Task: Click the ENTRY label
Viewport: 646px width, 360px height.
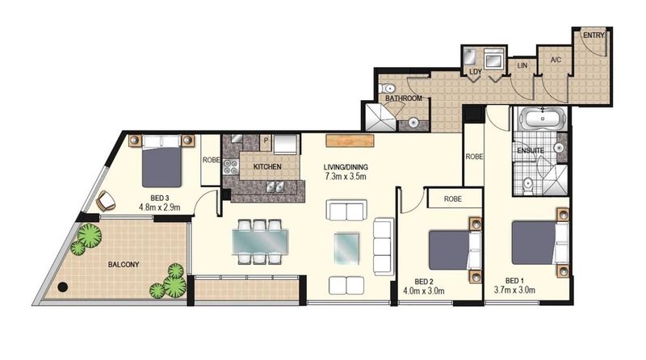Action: (x=594, y=36)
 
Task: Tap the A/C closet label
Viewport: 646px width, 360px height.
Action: (x=556, y=60)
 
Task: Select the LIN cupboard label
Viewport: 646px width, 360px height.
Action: (x=522, y=65)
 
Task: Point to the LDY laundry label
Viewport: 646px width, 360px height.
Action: (x=476, y=72)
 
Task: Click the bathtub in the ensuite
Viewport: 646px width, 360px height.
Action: (x=543, y=118)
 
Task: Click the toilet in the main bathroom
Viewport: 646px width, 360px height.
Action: (x=386, y=88)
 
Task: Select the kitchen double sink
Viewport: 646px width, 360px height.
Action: (x=275, y=187)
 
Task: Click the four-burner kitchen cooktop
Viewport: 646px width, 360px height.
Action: (x=230, y=167)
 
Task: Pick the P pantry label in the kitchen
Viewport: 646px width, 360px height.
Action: (x=266, y=140)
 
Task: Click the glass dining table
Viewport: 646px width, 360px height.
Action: (x=260, y=241)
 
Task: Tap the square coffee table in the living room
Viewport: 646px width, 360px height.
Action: (x=347, y=248)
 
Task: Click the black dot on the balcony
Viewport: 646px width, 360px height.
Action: (x=63, y=287)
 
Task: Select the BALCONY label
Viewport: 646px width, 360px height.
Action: (x=124, y=265)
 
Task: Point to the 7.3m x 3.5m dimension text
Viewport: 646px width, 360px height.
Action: (x=346, y=177)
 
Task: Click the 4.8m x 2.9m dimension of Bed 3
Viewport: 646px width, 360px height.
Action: (x=160, y=207)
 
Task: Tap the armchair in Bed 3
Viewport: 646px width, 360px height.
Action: (x=106, y=201)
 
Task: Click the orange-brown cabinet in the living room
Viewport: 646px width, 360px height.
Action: (x=350, y=140)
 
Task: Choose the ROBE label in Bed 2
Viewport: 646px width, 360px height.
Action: (x=453, y=199)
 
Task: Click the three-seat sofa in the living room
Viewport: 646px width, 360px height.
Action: (x=383, y=247)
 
